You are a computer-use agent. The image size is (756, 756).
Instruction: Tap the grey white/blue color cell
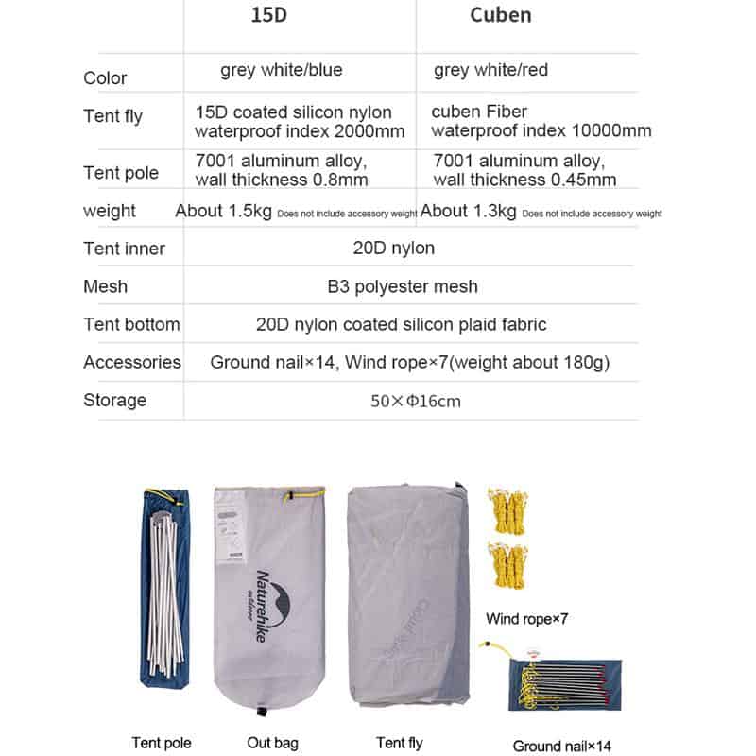click(x=282, y=70)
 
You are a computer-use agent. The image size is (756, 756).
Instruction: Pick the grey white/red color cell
click(x=490, y=70)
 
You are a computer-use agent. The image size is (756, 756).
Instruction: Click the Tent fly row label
click(x=112, y=117)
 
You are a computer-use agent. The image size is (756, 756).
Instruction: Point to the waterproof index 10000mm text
click(x=541, y=131)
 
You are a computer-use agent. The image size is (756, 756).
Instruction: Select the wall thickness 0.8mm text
click(x=282, y=180)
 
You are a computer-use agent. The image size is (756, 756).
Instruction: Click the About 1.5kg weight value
click(x=224, y=211)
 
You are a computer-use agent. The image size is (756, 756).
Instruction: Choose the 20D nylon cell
click(x=394, y=249)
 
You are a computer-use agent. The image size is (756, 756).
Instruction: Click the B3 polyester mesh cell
click(x=403, y=286)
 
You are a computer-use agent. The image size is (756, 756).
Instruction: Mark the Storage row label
click(x=114, y=400)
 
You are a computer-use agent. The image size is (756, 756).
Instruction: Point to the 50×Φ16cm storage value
click(x=416, y=401)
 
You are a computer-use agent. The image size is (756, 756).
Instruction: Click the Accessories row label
click(x=131, y=362)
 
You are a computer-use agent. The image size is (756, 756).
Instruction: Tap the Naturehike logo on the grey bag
click(x=260, y=604)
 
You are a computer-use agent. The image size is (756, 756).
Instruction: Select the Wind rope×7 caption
click(x=526, y=620)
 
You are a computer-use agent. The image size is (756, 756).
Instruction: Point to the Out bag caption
click(x=273, y=743)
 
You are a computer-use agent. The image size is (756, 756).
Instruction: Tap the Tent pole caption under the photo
click(x=162, y=743)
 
